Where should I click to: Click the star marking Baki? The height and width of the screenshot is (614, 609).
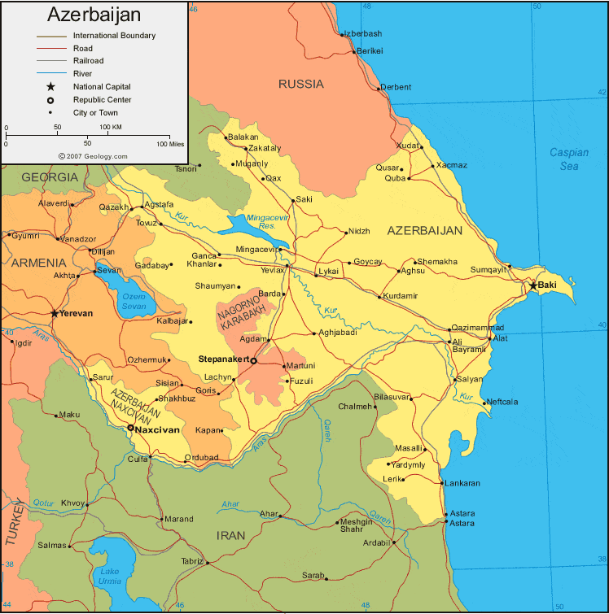(x=533, y=285)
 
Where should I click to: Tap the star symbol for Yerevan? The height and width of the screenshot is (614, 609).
(x=55, y=312)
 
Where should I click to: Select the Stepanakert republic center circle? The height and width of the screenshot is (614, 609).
(x=253, y=360)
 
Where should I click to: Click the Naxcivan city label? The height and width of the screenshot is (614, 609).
(x=158, y=428)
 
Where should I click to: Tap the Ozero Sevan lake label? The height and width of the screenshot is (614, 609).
(x=134, y=301)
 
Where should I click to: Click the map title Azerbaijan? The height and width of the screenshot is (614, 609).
(x=94, y=15)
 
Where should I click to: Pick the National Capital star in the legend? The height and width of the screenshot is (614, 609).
(x=50, y=86)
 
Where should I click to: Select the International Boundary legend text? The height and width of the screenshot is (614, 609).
(x=114, y=36)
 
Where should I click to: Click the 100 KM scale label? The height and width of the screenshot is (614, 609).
(x=111, y=128)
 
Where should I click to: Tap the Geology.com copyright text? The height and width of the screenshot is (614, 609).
(x=93, y=155)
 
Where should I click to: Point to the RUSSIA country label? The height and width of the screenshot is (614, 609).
(x=300, y=84)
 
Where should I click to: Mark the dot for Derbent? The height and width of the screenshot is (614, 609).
(x=379, y=88)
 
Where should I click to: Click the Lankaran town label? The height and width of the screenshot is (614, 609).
(x=462, y=483)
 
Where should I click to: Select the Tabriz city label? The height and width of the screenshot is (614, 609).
(x=193, y=561)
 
